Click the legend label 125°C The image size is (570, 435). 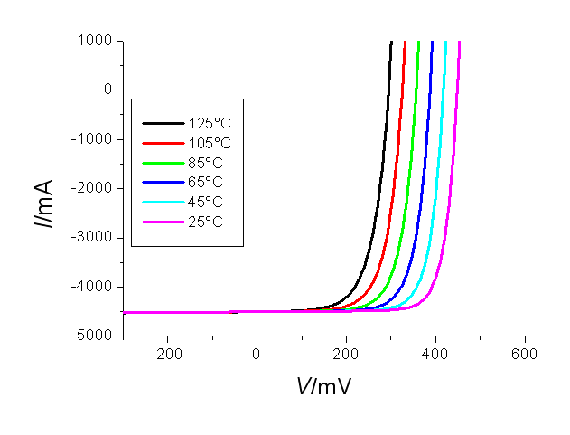tap(210, 122)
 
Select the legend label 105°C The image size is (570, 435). tap(210, 142)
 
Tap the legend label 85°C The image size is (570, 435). tap(206, 162)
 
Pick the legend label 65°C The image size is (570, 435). tap(206, 182)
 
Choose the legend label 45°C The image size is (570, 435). tap(206, 202)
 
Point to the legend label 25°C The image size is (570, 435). tap(206, 222)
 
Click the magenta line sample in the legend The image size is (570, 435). tap(163, 222)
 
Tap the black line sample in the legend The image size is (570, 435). tap(163, 122)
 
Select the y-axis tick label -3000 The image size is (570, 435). tap(93, 237)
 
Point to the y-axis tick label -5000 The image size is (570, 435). tap(93, 336)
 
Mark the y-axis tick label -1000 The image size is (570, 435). tap(93, 139)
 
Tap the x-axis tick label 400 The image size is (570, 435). tap(435, 353)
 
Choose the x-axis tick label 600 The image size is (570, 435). tap(525, 353)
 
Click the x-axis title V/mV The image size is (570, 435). tap(323, 387)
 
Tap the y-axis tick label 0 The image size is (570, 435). tap(107, 90)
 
